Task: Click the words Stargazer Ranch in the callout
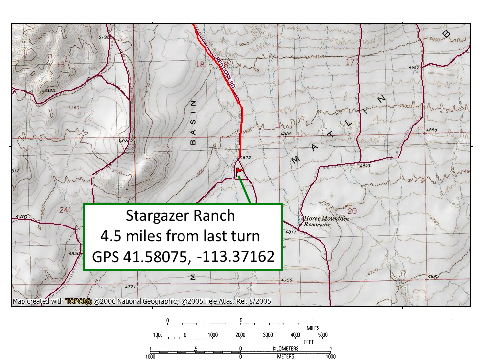(180, 216)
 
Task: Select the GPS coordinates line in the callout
(183, 256)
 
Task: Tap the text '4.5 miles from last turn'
(180, 236)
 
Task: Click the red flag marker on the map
(239, 171)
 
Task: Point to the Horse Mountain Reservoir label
(326, 221)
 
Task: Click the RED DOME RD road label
(226, 73)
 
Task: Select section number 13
(60, 65)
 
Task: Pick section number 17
(350, 62)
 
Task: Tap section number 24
(63, 210)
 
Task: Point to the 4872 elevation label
(246, 157)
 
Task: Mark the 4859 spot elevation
(431, 130)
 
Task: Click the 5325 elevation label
(49, 91)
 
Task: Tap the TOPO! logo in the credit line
(78, 302)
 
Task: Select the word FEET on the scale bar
(308, 342)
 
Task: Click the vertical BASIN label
(193, 123)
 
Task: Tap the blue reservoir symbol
(299, 222)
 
